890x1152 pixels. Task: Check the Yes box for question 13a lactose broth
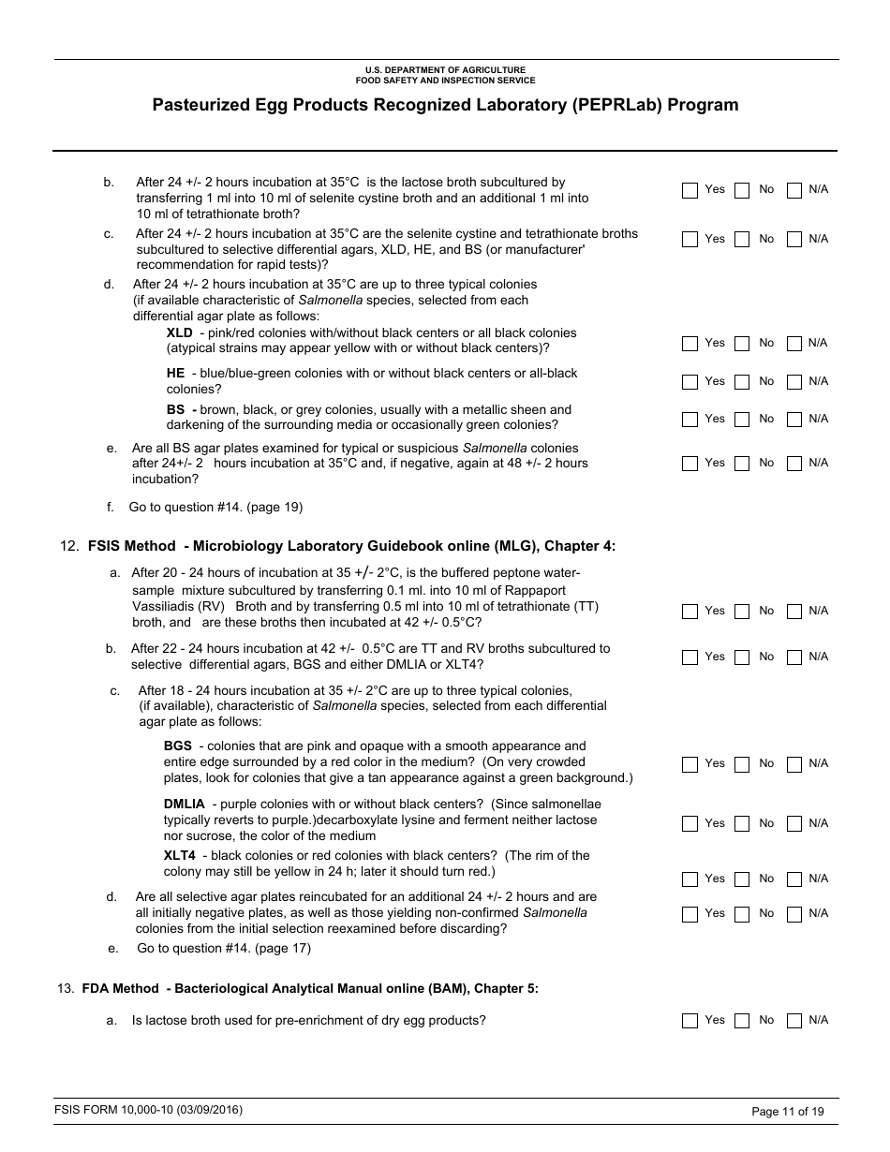[690, 1021]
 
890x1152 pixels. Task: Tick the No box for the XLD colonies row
[742, 344]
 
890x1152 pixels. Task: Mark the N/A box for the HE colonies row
[794, 382]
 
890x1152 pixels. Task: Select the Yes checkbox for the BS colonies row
[690, 420]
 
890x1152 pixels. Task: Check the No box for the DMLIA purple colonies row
[742, 824]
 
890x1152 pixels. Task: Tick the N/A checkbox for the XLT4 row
[794, 879]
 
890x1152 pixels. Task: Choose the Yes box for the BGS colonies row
[690, 764]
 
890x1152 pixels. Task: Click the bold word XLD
[179, 332]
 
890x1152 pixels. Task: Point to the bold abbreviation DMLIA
[184, 804]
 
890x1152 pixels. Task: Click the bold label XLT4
[179, 855]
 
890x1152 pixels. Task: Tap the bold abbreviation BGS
[177, 746]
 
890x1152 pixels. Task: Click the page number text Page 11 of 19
[788, 1112]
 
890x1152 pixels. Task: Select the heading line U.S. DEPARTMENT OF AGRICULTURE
[445, 70]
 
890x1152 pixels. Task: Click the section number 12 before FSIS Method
[67, 546]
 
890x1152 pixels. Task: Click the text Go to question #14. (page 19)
[215, 508]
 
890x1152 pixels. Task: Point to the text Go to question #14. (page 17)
[224, 948]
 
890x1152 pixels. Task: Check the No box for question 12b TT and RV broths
[742, 657]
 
